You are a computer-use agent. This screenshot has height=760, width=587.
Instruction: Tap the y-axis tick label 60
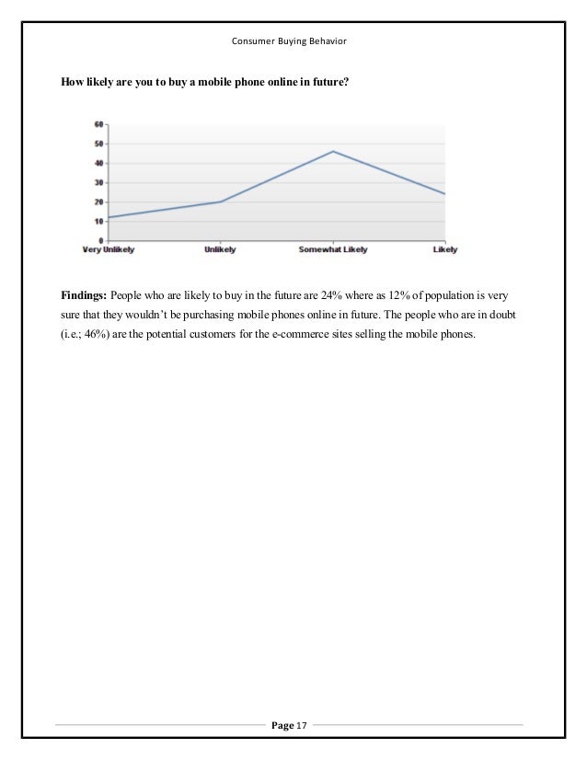(x=98, y=124)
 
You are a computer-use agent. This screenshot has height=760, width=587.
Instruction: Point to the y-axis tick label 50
(x=98, y=144)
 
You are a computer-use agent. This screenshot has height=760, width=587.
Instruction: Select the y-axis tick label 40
(x=98, y=163)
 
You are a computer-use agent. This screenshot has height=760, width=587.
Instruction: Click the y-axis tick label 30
(x=98, y=182)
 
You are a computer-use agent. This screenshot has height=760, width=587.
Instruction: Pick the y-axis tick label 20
(x=98, y=202)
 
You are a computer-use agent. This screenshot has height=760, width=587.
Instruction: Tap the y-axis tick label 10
(x=98, y=221)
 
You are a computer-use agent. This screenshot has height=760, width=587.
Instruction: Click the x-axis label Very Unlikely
(x=109, y=248)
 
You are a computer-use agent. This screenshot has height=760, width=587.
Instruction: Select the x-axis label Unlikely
(x=222, y=248)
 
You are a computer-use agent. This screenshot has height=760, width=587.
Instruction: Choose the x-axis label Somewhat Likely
(x=334, y=248)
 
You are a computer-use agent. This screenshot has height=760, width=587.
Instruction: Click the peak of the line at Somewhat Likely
(x=333, y=151)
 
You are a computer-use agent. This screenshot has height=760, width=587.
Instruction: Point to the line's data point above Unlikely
(x=222, y=202)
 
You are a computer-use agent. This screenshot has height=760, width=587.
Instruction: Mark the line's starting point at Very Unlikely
(x=109, y=217)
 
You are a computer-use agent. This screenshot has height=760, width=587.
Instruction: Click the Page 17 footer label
(x=293, y=727)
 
